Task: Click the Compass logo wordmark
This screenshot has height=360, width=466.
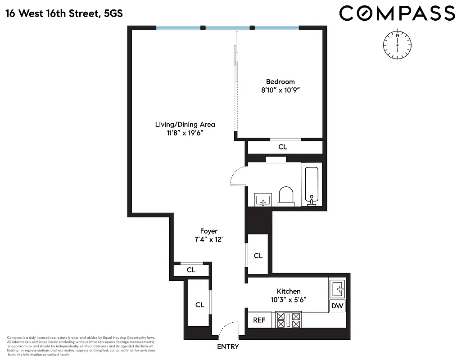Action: coord(397,13)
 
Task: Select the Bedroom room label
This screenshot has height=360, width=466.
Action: coord(280,81)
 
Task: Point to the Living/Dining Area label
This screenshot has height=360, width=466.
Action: coord(185,124)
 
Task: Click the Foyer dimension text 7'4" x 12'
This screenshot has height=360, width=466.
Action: coord(208,240)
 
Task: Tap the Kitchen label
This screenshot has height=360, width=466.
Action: coord(289,291)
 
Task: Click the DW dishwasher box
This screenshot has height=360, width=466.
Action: coord(337,306)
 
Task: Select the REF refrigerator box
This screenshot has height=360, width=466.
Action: coord(259,320)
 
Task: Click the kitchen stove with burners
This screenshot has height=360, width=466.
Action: coord(288,320)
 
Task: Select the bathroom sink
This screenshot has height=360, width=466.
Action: coord(262,199)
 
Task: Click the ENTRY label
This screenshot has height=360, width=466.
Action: coord(228,346)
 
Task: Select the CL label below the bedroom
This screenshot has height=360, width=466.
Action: coord(282,147)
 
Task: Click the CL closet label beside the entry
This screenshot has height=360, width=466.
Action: coord(199,305)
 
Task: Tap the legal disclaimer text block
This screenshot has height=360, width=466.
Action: coord(81,346)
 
